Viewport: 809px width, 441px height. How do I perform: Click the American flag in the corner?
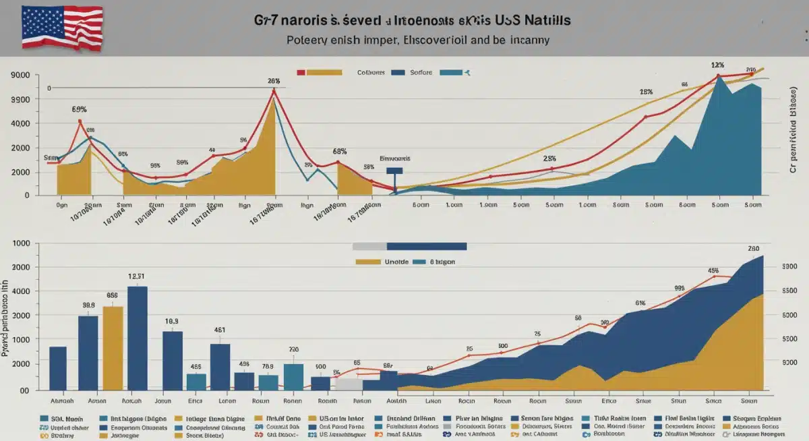pyautogui.click(x=62, y=28)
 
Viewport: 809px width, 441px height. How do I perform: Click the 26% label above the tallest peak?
pyautogui.click(x=273, y=81)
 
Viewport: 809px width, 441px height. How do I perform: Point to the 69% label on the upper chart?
pyautogui.click(x=79, y=109)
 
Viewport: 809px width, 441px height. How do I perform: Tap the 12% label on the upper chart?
pyautogui.click(x=717, y=65)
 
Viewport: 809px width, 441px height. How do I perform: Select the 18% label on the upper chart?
pyautogui.click(x=646, y=92)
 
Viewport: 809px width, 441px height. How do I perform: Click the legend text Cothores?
pyautogui.click(x=371, y=71)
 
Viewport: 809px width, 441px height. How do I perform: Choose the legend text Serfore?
pyautogui.click(x=421, y=71)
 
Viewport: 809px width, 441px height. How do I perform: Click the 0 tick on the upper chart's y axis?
pyautogui.click(x=26, y=196)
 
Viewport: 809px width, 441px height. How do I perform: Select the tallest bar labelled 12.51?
pyautogui.click(x=137, y=337)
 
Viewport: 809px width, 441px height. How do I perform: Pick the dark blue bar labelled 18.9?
pyautogui.click(x=173, y=360)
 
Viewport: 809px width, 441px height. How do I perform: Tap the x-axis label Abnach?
pyautogui.click(x=59, y=400)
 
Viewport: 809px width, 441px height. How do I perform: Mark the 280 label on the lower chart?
pyautogui.click(x=754, y=248)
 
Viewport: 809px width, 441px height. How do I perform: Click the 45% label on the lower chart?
pyautogui.click(x=713, y=270)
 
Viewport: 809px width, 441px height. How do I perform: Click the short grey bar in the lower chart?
pyautogui.click(x=349, y=384)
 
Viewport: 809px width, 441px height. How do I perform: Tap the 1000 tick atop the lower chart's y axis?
pyautogui.click(x=22, y=243)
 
